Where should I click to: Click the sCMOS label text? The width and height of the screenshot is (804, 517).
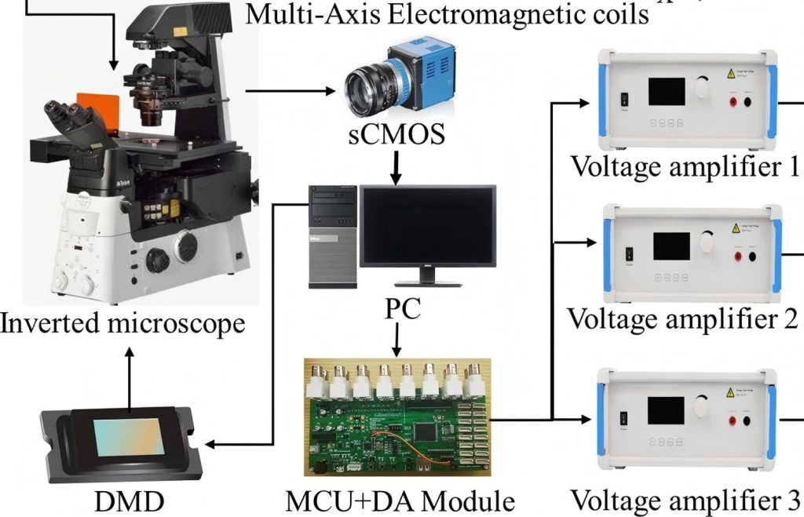[396, 134]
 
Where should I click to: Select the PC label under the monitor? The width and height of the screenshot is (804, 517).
[402, 307]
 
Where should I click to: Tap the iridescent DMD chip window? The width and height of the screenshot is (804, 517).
[129, 436]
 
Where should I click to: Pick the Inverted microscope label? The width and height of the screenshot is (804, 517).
[122, 322]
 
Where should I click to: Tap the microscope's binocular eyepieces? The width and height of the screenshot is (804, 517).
[75, 117]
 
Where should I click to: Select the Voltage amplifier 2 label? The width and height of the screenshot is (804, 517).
[682, 319]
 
